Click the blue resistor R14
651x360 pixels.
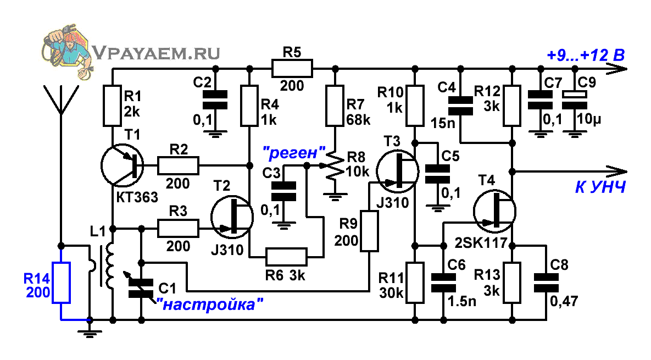tap(61, 283)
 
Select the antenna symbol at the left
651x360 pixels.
tap(61, 99)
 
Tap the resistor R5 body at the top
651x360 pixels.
tap(292, 69)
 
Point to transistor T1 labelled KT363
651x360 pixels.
tap(122, 165)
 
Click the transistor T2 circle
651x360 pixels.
tap(232, 217)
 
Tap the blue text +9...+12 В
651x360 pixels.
tap(586, 55)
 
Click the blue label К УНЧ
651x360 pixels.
tap(600, 187)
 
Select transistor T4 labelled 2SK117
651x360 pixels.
tap(494, 211)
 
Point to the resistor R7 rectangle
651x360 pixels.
tap(335, 106)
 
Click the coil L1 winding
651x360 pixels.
tap(110, 266)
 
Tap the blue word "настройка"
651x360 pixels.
tap(210, 304)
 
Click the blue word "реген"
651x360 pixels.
tap(294, 153)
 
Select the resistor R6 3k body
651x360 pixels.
tap(286, 257)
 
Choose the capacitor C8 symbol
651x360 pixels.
tap(546, 283)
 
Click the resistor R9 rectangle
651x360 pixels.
tap(369, 231)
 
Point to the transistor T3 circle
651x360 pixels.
tap(397, 171)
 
